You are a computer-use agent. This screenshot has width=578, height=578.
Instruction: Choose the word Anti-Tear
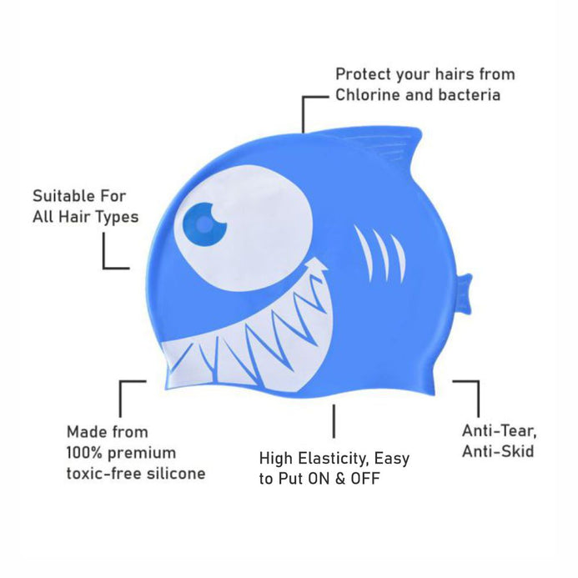[x=499, y=431]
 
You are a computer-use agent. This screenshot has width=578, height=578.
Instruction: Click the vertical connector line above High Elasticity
[x=334, y=421]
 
